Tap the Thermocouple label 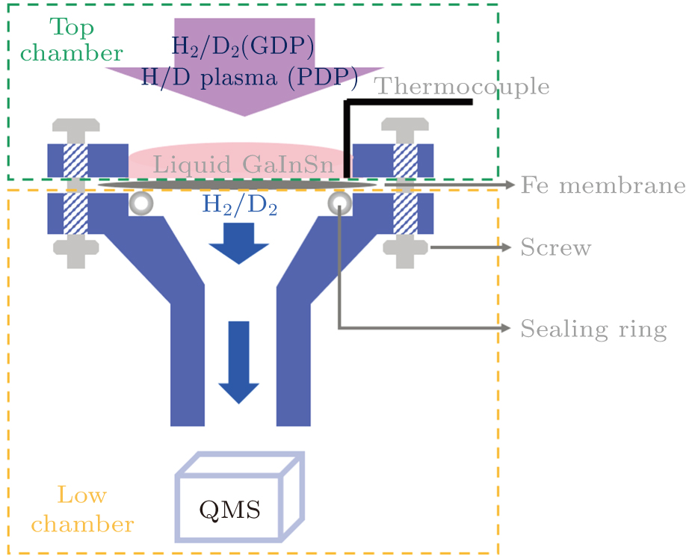coord(463,87)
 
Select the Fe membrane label coord(602,185)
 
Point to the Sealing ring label coord(593,328)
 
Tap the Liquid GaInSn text coord(243,164)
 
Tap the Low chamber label coord(82,509)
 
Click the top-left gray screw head coord(75,127)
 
